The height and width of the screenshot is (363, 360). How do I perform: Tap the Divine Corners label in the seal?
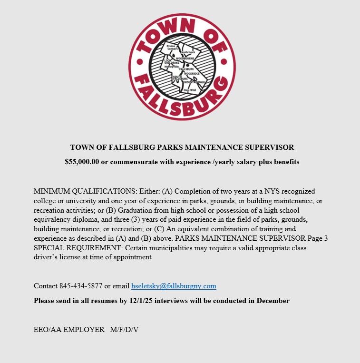point(172,47)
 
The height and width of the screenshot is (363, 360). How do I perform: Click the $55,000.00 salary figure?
point(82,162)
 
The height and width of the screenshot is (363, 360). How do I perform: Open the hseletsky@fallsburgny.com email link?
point(174,286)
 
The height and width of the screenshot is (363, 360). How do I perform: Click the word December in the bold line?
point(273,301)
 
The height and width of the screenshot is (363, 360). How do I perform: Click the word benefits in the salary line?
point(285,162)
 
